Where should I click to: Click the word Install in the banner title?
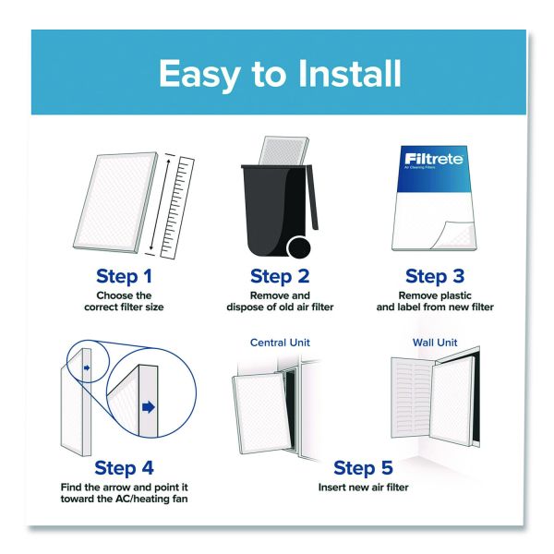[349, 74]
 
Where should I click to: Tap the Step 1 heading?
[124, 276]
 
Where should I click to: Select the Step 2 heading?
[280, 276]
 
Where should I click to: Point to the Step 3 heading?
[435, 276]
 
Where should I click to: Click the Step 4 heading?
[124, 468]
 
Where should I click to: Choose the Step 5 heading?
[363, 468]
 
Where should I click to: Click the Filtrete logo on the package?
[434, 159]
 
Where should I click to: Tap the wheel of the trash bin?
[299, 247]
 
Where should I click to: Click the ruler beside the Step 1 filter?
[177, 208]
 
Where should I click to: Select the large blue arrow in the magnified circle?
[149, 407]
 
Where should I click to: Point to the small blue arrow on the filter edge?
[87, 367]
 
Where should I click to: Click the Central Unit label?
[280, 343]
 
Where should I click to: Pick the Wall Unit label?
[435, 343]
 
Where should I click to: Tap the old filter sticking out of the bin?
[283, 151]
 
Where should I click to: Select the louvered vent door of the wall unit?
[411, 398]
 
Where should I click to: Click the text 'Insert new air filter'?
[363, 488]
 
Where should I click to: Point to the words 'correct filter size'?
[124, 307]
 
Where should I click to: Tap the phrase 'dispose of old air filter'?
[280, 307]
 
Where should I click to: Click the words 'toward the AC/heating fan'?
[124, 499]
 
